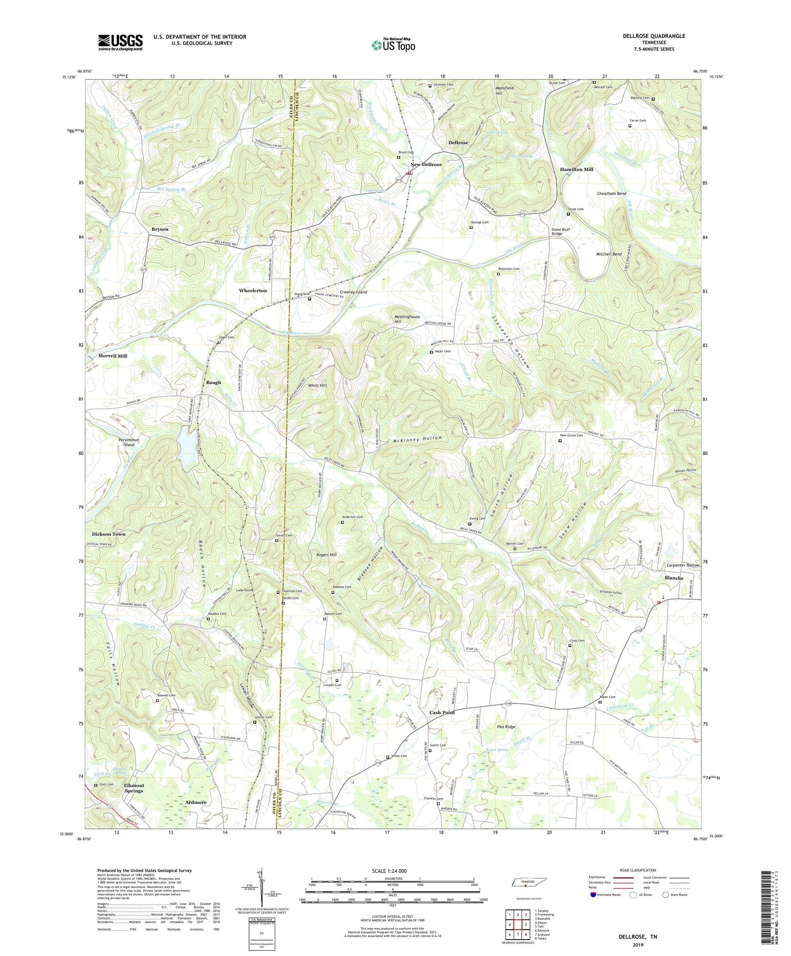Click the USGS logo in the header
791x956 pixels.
click(x=120, y=42)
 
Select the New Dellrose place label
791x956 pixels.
click(x=426, y=165)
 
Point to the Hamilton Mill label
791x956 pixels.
click(x=576, y=169)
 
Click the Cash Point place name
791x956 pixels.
click(x=442, y=712)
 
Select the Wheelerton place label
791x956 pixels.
click(x=253, y=291)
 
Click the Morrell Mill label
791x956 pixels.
click(x=112, y=356)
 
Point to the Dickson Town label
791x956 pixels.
click(x=109, y=534)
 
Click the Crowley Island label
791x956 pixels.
click(x=353, y=292)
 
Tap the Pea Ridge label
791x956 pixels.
click(x=506, y=727)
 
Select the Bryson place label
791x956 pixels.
click(x=160, y=229)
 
